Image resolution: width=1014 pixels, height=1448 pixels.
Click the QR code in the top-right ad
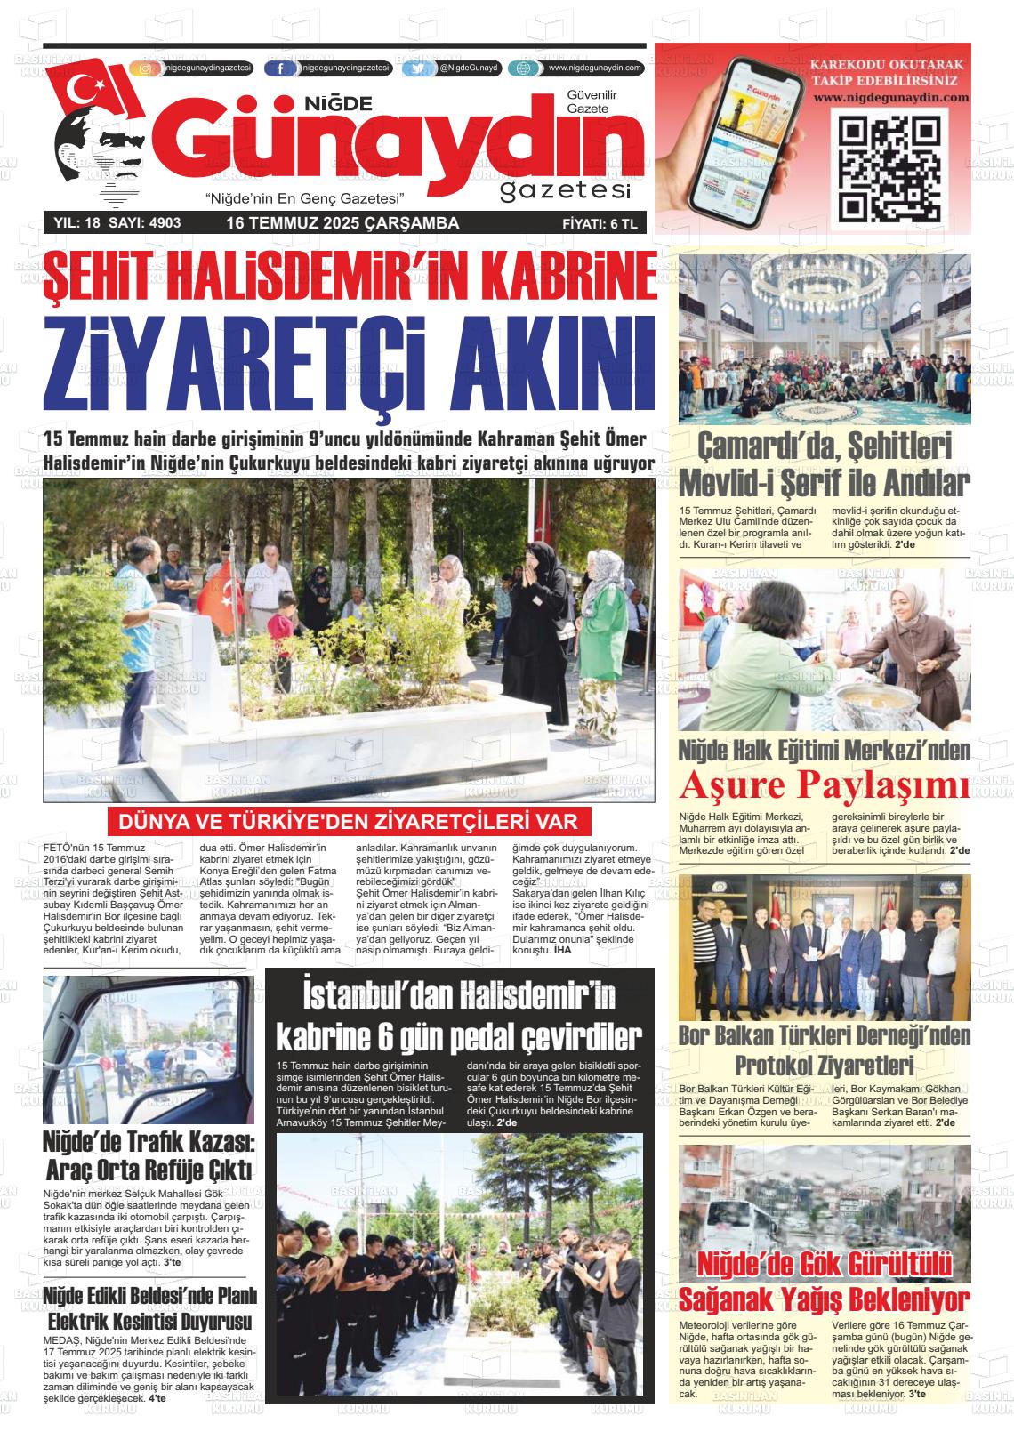click(889, 168)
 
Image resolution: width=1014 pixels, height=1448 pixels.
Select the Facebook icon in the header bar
click(281, 68)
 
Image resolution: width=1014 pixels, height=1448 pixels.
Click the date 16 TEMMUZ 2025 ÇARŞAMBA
click(342, 223)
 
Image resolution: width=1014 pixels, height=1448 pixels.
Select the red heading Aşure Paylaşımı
click(824, 786)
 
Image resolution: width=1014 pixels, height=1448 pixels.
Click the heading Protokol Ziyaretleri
click(824, 1065)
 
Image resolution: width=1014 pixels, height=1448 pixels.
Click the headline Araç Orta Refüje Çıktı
click(149, 1169)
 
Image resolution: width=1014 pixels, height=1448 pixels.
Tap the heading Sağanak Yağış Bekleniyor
click(824, 1300)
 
